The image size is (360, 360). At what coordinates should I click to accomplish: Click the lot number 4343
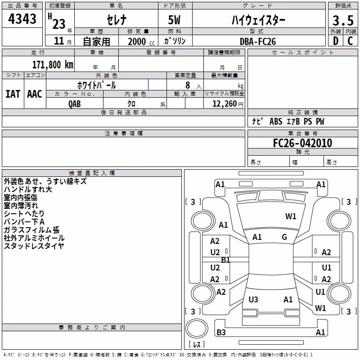[22, 19]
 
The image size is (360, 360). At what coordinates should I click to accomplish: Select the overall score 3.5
[343, 20]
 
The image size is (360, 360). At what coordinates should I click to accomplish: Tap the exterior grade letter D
[336, 41]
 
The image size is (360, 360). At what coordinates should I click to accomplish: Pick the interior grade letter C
[350, 41]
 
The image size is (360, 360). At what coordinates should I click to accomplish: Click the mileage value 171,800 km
[53, 65]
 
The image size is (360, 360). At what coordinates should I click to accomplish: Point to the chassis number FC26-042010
[302, 143]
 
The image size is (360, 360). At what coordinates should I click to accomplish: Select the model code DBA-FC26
[258, 41]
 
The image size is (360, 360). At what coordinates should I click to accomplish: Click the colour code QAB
[75, 104]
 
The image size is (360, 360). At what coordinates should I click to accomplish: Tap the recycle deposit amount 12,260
[225, 104]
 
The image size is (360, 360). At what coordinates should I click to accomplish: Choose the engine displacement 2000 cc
[141, 41]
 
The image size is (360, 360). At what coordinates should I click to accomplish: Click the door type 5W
[174, 20]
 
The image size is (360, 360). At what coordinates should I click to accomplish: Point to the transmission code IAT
[13, 94]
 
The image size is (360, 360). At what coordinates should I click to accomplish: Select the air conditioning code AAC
[35, 94]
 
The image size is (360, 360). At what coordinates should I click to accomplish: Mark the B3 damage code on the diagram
[221, 332]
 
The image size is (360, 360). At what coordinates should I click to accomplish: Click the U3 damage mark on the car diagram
[253, 299]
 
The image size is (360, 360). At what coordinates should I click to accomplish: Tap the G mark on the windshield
[284, 237]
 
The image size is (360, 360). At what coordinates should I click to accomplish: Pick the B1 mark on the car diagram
[225, 260]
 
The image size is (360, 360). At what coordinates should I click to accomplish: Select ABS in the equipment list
[276, 121]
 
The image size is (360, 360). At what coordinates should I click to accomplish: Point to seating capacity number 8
[188, 85]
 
